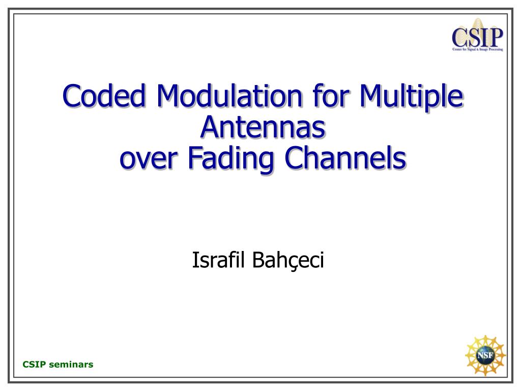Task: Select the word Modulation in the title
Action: tap(229, 96)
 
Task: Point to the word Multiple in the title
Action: tap(411, 96)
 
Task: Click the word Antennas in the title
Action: tap(263, 127)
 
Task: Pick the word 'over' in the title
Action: tap(148, 159)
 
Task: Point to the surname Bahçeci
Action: tap(288, 261)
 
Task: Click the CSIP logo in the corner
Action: tap(477, 35)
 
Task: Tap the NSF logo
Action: tap(485, 355)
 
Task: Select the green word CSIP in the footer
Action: tap(34, 365)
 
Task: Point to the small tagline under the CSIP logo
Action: tap(477, 49)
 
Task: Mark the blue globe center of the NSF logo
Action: tap(485, 355)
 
